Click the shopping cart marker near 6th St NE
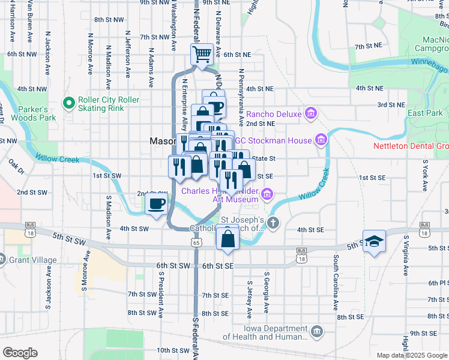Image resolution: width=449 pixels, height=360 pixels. click(202, 55)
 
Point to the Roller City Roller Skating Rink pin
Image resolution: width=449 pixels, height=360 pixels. click(70, 104)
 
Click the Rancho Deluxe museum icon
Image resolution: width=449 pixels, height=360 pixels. click(310, 113)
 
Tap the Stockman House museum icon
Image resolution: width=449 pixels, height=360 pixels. click(321, 140)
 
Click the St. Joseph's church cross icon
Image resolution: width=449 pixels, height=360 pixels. click(273, 224)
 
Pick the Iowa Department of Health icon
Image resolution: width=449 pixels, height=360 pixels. click(318, 332)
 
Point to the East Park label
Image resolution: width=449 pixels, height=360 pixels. click(424, 113)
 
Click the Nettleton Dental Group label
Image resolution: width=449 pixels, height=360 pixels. click(411, 146)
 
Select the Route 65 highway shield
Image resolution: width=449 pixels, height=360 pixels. click(197, 242)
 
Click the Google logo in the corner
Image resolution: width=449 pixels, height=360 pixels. click(20, 353)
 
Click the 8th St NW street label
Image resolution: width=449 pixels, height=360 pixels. click(107, 20)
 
